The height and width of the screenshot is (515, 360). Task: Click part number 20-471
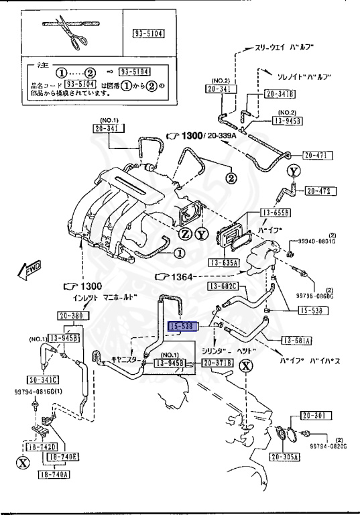(x=317, y=156)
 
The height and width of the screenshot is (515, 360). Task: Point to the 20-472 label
(x=319, y=191)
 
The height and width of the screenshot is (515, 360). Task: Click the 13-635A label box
(x=223, y=262)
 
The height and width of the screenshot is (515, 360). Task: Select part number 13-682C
(x=223, y=287)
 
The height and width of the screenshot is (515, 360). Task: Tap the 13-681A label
(x=296, y=341)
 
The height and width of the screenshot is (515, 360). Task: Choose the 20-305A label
(x=286, y=457)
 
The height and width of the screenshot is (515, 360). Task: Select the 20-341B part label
(x=280, y=94)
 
